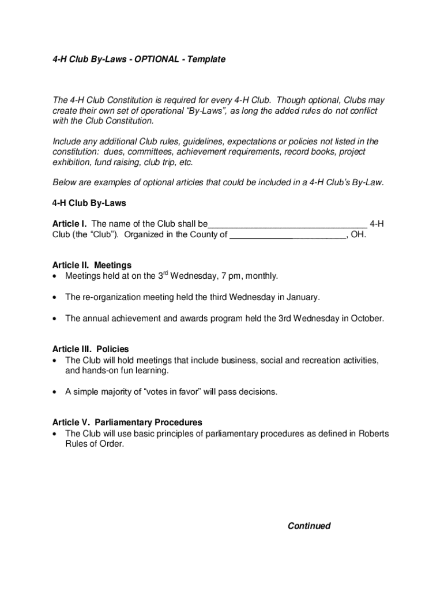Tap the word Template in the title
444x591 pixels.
[x=206, y=59]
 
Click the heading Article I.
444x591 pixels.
[x=70, y=224]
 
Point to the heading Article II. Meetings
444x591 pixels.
[x=88, y=265]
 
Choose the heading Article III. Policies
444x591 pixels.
[x=91, y=349]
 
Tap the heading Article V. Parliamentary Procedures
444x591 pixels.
[x=127, y=422]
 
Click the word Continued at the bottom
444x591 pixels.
[x=309, y=526]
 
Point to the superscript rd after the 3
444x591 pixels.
[x=165, y=274]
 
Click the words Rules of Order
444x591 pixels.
[x=95, y=444]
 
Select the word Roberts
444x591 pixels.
[x=374, y=433]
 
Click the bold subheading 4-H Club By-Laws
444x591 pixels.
[x=89, y=203]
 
